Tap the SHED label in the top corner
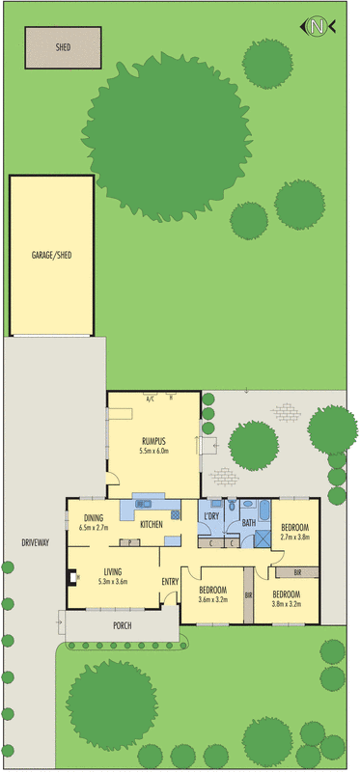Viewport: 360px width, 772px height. pos(63,46)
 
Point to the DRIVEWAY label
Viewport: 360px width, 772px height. pos(35,543)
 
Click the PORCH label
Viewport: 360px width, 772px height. pos(122,625)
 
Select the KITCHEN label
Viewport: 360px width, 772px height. pos(152,524)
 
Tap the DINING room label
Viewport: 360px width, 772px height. pos(94,517)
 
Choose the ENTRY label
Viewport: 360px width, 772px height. pos(170,581)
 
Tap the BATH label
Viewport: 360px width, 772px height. pos(248,523)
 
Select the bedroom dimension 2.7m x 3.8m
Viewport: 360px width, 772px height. pos(293,536)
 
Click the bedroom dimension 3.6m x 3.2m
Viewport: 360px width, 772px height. pos(212,599)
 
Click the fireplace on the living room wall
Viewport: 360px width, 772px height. pos(69,579)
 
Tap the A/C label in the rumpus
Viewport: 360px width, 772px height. pos(151,397)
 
